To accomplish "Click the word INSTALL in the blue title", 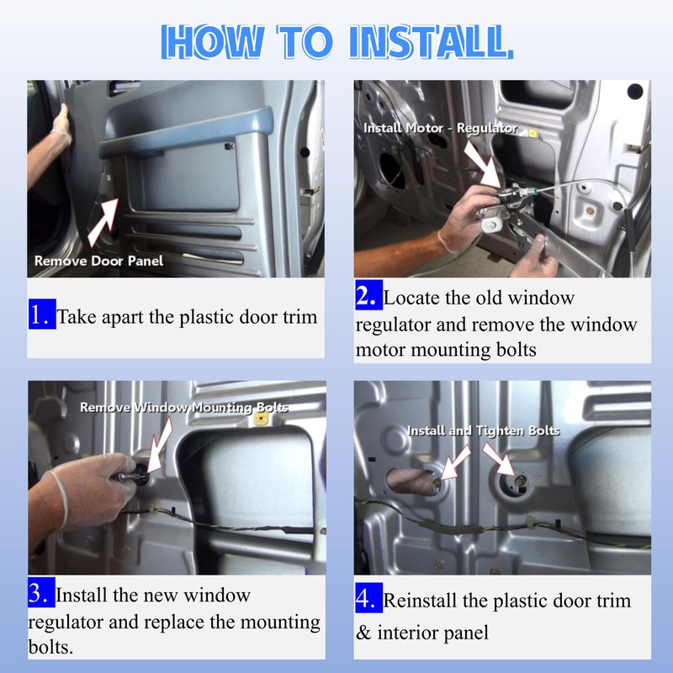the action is point(432,41).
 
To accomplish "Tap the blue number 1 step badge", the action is point(42,314).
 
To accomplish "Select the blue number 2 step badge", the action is point(368,294).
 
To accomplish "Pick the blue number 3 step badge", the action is point(41,592).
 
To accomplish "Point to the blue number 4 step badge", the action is point(368,597).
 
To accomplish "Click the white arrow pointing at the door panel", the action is point(103,222).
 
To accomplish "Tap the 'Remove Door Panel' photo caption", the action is point(98,261).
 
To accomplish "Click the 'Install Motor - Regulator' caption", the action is point(440,128).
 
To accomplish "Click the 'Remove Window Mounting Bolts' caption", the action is point(184,407).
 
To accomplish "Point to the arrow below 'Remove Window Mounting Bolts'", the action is point(159,446).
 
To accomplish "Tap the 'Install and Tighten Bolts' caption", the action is point(483,431).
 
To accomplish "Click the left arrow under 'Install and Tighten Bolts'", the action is point(455,462).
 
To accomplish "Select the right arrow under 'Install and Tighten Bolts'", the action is point(499,458).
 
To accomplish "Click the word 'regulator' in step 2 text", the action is point(393,326).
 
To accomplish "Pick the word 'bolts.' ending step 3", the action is point(50,647).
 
